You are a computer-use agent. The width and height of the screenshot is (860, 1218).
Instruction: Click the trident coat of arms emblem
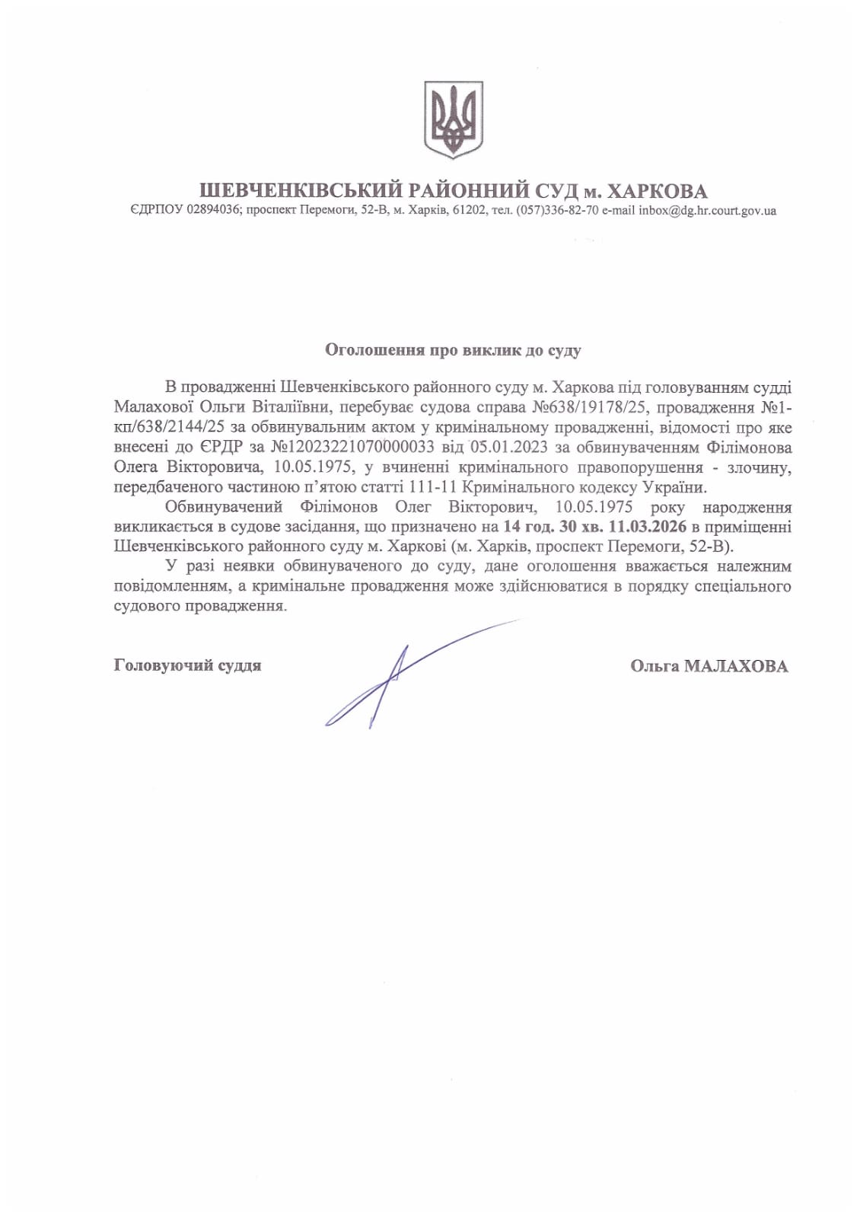click(x=453, y=121)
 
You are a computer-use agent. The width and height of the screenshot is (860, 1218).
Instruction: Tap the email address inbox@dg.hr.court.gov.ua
click(x=707, y=211)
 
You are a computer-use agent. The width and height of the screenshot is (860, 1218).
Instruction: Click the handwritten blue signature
click(x=388, y=681)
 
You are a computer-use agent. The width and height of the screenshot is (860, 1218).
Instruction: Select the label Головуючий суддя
click(x=187, y=665)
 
